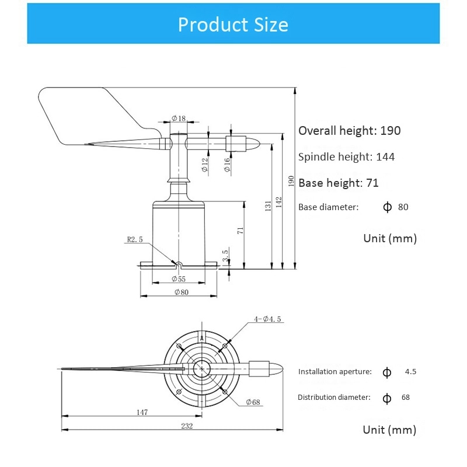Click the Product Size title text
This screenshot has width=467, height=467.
click(x=233, y=25)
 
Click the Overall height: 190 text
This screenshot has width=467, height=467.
click(x=350, y=131)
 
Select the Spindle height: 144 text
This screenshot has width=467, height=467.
click(x=346, y=156)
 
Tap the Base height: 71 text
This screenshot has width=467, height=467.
click(x=339, y=183)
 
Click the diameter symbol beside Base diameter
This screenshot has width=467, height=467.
click(x=387, y=207)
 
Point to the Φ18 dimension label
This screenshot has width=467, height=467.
click(x=179, y=119)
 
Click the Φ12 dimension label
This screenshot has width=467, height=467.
click(x=205, y=165)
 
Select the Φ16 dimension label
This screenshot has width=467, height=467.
click(x=228, y=165)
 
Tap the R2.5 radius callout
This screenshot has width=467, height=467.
click(x=135, y=239)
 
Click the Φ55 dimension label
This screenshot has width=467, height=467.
click(x=179, y=279)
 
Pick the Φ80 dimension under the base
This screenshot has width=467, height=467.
click(x=182, y=292)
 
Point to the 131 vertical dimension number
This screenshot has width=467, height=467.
click(x=267, y=206)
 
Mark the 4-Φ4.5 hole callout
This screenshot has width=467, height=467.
click(x=268, y=319)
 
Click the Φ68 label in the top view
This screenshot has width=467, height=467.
click(x=253, y=402)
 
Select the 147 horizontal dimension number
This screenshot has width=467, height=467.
click(x=141, y=412)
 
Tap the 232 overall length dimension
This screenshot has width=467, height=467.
click(x=187, y=426)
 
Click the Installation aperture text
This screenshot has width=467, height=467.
click(x=334, y=371)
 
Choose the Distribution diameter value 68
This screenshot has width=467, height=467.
click(x=406, y=397)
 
